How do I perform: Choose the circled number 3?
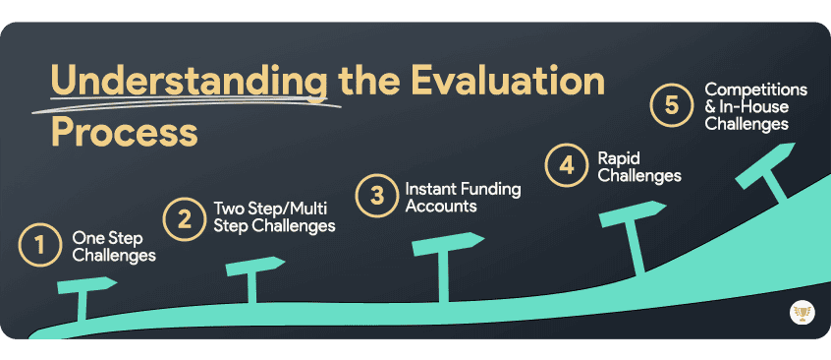[x=375, y=195]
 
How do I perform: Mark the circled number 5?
[x=672, y=105]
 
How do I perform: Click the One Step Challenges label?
[x=114, y=246]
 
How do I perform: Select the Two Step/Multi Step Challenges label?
[x=274, y=216]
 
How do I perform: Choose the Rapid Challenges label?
[x=639, y=166]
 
